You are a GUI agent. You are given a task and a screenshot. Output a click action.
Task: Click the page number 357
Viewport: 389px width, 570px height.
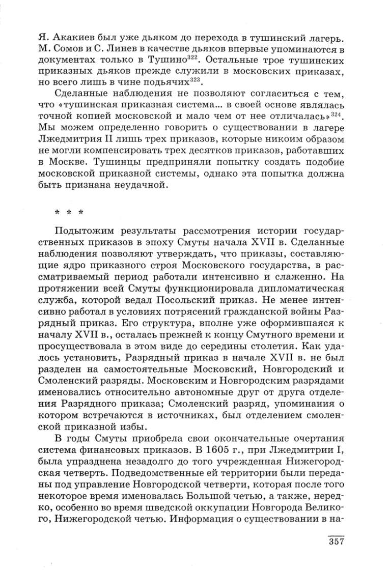[337, 540]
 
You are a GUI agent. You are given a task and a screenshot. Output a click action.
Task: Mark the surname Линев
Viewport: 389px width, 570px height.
[124, 49]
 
